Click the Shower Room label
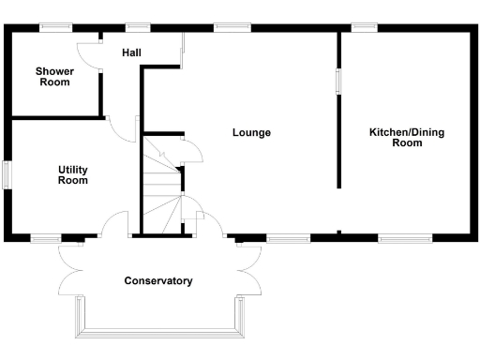(x=53, y=77)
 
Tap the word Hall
(x=131, y=53)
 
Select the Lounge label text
(x=251, y=132)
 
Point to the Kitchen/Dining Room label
(x=406, y=138)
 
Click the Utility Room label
(x=73, y=174)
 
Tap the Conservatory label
(x=158, y=280)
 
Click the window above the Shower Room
(x=57, y=27)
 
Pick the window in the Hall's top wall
(x=139, y=27)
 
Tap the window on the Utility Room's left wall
(x=7, y=175)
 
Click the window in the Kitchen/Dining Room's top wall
(x=364, y=27)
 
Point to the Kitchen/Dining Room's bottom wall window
(x=405, y=238)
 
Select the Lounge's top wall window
(x=227, y=27)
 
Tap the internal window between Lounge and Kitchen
(x=339, y=80)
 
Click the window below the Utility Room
(x=45, y=238)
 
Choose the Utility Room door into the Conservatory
(x=115, y=225)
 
